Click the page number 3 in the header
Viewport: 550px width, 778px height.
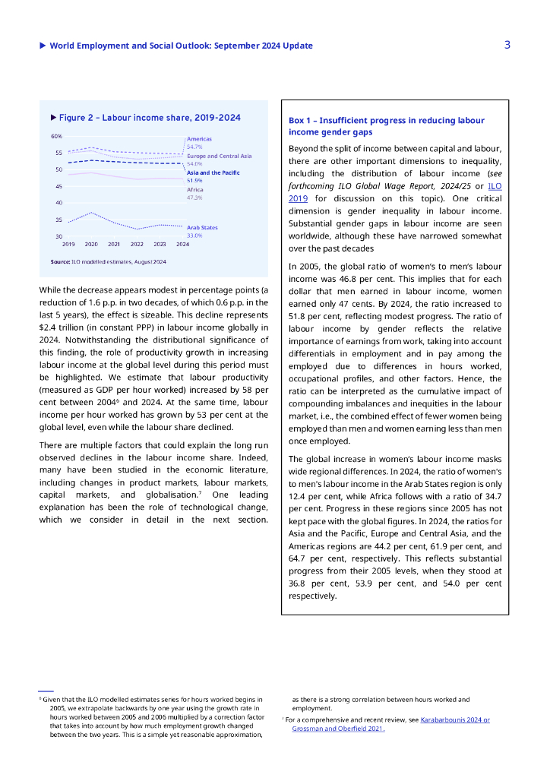[x=507, y=45]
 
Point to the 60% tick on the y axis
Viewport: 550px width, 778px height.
[x=57, y=137]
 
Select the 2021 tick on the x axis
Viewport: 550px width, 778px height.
[x=114, y=244]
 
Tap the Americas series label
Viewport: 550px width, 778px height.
[x=199, y=139]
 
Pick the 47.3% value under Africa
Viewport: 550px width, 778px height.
[x=194, y=198]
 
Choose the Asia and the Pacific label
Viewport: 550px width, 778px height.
[x=213, y=172]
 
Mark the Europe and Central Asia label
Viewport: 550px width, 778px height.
[x=219, y=156]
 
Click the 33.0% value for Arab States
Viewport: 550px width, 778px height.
[x=194, y=236]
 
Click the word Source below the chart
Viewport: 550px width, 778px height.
[x=60, y=261]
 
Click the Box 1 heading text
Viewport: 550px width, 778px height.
[x=387, y=126]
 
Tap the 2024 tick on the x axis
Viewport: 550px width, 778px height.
[x=183, y=244]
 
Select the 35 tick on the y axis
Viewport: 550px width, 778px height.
[x=58, y=220]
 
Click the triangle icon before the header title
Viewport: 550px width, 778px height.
[x=43, y=46]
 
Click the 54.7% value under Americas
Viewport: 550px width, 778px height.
[x=194, y=147]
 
